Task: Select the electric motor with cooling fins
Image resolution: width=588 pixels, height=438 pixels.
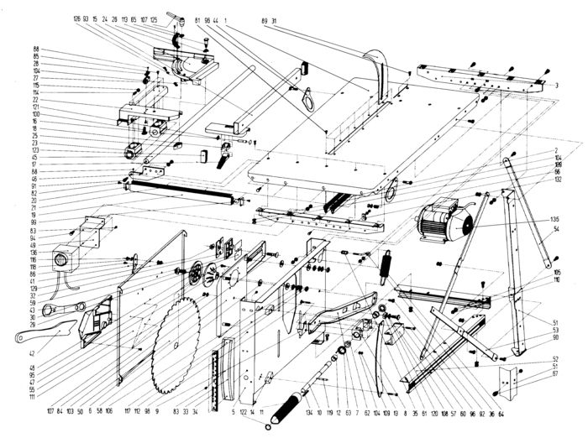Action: coord(443,220)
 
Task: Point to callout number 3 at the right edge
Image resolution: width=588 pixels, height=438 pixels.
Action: coord(557,86)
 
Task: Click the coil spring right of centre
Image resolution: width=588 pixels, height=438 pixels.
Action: coord(387,269)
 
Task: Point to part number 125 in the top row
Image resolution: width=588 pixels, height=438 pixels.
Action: coord(154,18)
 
